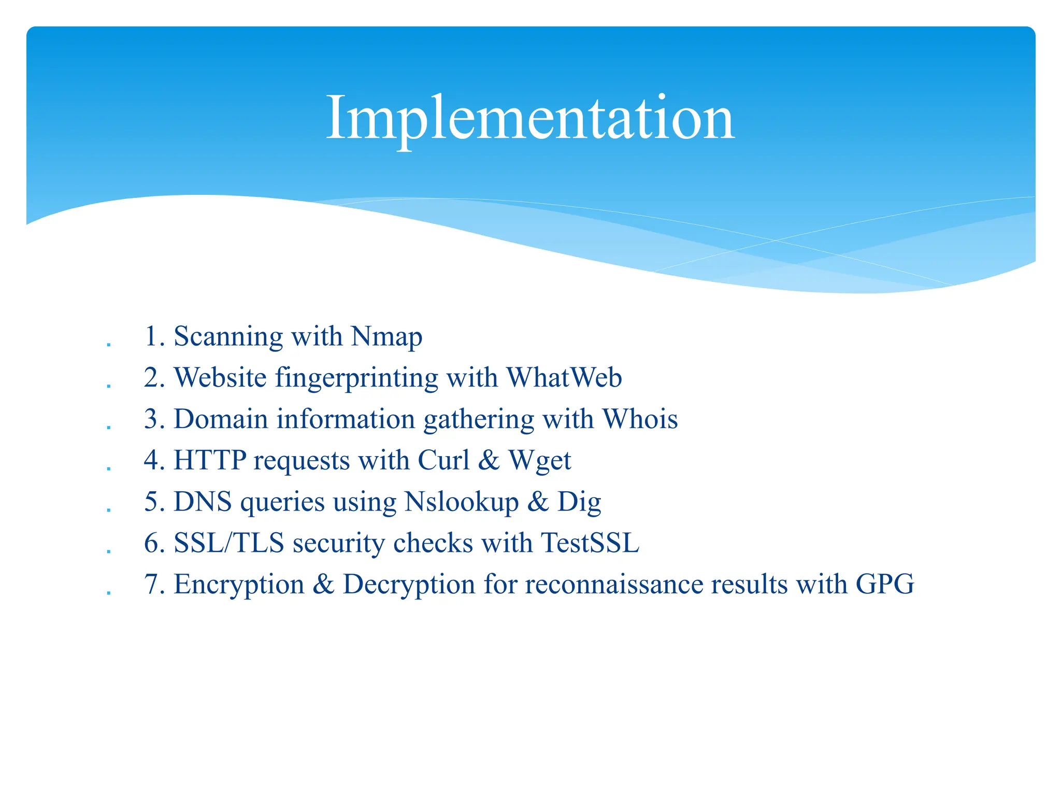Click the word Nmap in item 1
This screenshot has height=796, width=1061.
point(386,337)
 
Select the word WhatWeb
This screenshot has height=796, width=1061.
point(564,378)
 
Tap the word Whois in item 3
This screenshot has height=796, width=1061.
point(640,419)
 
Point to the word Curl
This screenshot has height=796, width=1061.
point(443,460)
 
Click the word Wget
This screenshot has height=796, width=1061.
point(540,460)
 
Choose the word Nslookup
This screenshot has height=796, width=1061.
point(462,502)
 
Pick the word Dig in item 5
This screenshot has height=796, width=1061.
point(579,502)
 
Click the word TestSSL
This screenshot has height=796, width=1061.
point(590,543)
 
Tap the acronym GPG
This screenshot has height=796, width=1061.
point(885,584)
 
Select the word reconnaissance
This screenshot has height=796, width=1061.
point(613,584)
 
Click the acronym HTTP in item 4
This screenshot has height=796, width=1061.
point(210,460)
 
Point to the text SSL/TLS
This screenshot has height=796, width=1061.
point(229,543)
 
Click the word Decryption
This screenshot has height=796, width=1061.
point(409,584)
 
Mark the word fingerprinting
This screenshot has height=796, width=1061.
point(356,378)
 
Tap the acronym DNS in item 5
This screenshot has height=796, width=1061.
point(203,502)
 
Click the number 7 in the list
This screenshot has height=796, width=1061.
point(151,584)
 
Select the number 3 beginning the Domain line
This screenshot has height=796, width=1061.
point(151,419)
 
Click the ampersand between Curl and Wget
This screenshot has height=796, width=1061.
point(489,460)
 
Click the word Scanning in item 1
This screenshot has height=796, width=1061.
point(228,337)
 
